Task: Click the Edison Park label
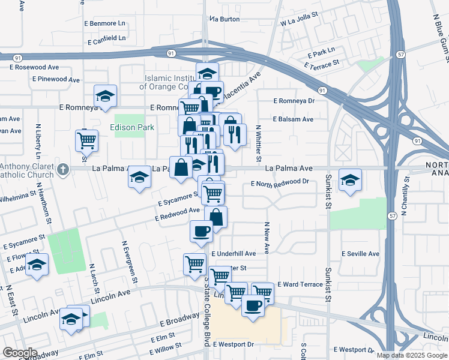point(131,127)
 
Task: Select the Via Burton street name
point(224,19)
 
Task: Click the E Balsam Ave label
point(293,119)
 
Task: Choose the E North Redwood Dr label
point(280,182)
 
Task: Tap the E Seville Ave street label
point(360,254)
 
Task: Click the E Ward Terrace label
point(300,284)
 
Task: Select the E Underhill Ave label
point(234,254)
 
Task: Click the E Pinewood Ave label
point(56,79)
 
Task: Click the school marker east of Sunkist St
point(349,179)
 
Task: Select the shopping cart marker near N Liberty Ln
point(86,140)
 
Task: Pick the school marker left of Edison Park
point(105,95)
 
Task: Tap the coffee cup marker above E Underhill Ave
point(201,230)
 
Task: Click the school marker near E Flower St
point(37,265)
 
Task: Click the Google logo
point(19,353)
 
